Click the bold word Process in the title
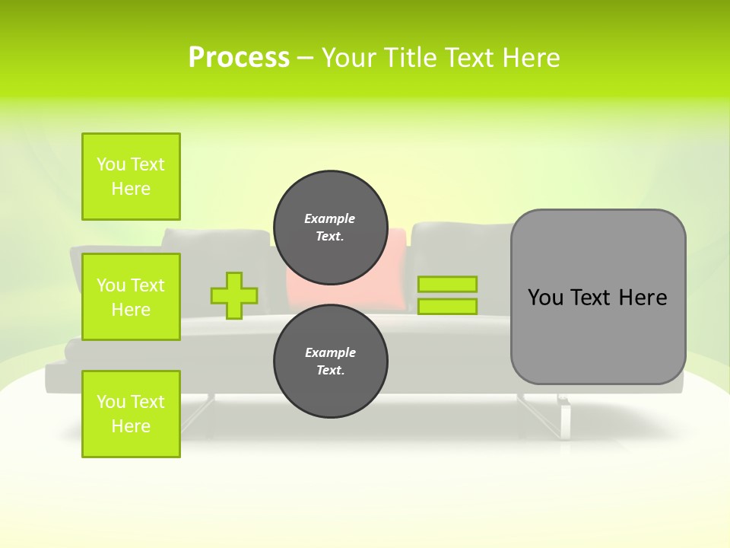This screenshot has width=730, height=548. (239, 58)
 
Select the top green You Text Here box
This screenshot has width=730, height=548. (131, 177)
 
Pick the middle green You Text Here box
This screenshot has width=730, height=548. (131, 297)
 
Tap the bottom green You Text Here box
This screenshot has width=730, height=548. (131, 414)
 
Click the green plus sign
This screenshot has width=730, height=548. (234, 295)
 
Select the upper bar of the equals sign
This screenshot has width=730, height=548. (447, 285)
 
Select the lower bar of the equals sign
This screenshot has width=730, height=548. (447, 306)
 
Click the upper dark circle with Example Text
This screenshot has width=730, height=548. (330, 227)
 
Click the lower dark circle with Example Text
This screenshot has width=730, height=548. (330, 361)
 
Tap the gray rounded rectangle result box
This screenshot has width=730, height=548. (598, 335)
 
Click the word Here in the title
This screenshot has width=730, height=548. (532, 58)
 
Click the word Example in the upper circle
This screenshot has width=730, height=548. (330, 218)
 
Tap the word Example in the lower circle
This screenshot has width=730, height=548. (330, 352)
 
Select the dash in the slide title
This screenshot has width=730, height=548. (305, 58)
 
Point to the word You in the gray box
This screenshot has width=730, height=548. (545, 298)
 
